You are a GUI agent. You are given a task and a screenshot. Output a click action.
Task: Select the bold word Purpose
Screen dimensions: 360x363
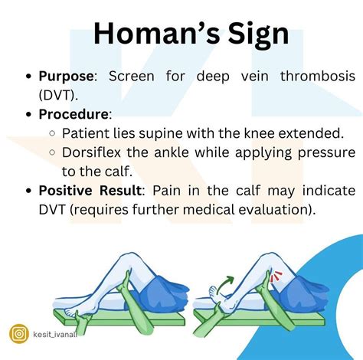[65, 77]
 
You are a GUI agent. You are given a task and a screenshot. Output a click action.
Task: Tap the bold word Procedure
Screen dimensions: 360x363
[73, 113]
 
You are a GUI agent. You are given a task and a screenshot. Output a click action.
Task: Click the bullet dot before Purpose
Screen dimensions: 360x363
[28, 77]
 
